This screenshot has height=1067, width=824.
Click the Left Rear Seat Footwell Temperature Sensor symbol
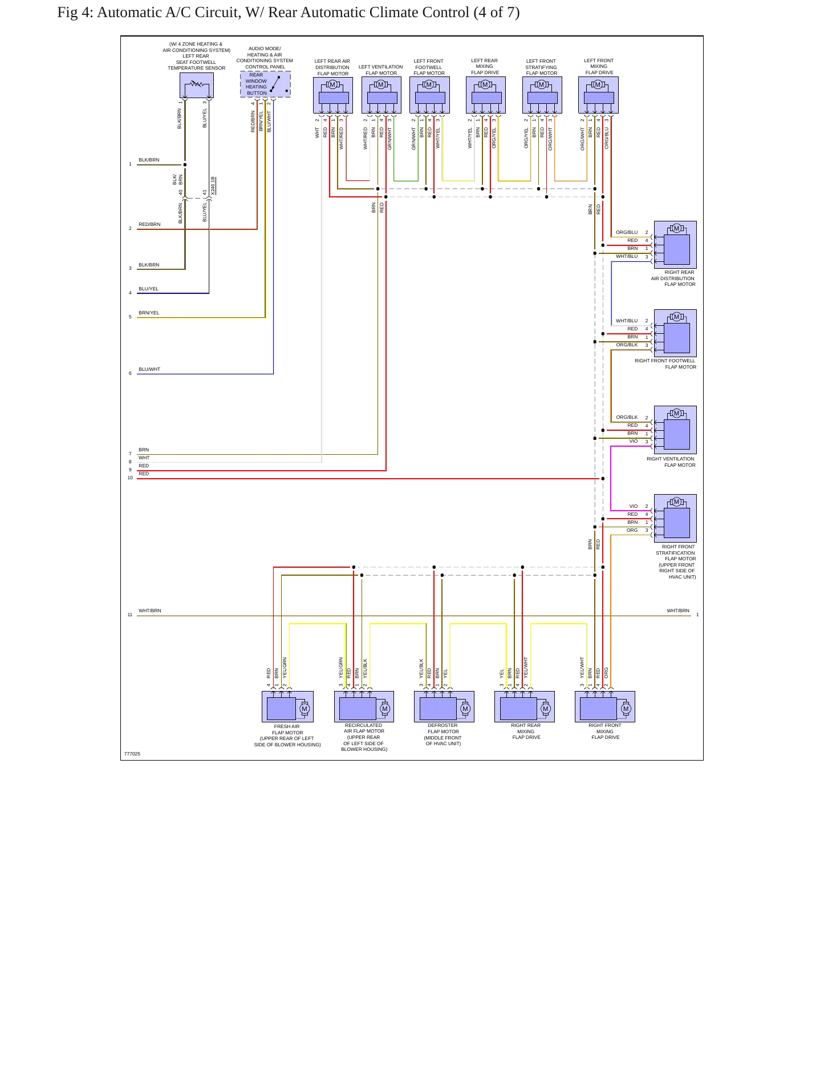(197, 85)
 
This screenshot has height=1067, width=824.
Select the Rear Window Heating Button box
(265, 84)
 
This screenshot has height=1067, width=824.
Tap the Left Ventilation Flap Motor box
(381, 95)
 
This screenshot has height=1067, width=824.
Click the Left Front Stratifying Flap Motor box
(542, 95)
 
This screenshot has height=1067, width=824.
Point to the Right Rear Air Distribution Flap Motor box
(675, 245)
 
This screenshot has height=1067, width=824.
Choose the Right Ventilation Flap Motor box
(675, 430)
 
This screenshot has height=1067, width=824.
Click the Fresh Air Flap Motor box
(287, 706)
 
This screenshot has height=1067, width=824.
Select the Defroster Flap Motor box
(444, 706)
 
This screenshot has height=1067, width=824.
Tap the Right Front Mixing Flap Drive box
(605, 706)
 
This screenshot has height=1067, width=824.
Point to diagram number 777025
(132, 754)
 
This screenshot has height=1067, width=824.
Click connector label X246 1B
(213, 186)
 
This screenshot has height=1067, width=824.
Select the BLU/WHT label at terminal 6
(149, 369)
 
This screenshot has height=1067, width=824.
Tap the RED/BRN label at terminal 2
(149, 224)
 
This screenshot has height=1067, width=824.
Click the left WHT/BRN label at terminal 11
(150, 611)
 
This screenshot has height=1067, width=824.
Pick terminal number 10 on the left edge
(130, 478)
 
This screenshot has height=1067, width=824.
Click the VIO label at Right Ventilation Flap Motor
(634, 441)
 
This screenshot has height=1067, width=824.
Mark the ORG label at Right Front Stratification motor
(632, 530)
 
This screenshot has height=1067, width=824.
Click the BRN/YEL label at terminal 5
(149, 313)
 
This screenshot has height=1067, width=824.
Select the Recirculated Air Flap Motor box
(364, 706)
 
